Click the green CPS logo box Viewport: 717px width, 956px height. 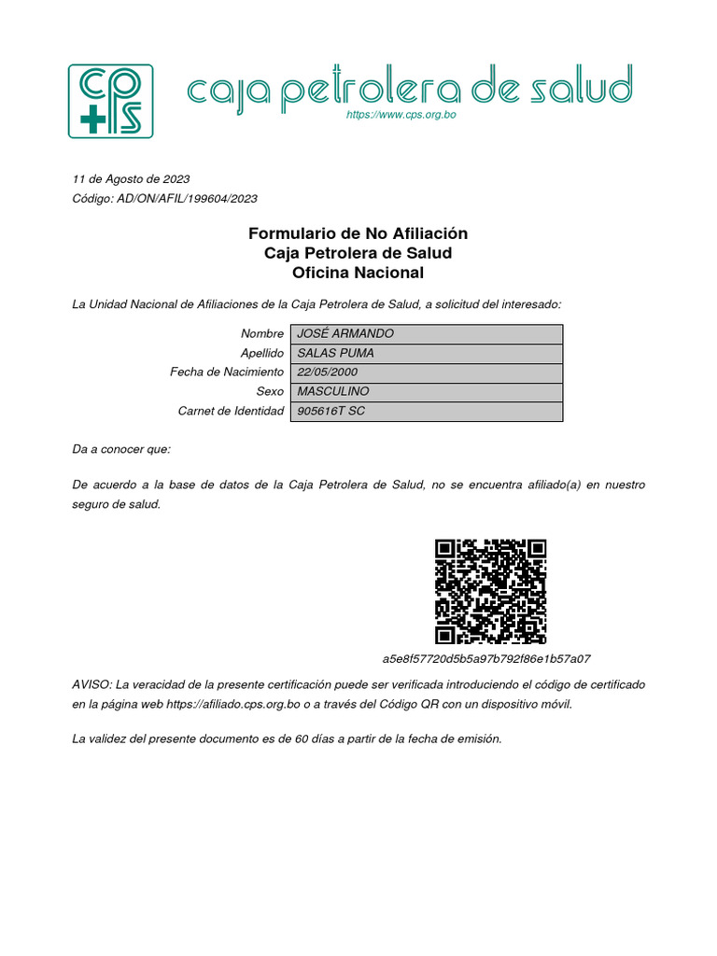point(110,101)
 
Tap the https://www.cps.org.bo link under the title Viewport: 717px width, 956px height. point(401,115)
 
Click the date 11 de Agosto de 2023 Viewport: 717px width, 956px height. point(131,178)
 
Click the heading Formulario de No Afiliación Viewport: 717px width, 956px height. point(358,233)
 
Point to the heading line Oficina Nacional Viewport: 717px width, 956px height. point(358,274)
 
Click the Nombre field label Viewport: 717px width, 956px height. point(262,334)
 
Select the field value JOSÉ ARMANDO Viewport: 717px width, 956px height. point(345,334)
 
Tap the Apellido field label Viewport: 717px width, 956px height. point(262,354)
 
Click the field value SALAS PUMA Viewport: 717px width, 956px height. point(336,354)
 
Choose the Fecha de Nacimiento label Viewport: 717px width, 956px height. point(227,373)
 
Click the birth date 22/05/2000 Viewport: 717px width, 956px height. point(328,373)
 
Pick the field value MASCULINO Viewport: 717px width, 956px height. point(333,392)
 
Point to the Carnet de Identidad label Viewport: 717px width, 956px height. point(231,412)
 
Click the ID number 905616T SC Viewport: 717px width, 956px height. point(331,412)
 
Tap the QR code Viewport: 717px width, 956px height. point(491,592)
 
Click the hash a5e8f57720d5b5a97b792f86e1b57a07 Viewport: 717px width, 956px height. point(486,659)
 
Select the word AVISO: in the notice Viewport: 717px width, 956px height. point(91,684)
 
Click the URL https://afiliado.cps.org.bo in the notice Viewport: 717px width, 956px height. point(233,704)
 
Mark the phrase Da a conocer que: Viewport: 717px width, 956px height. point(121,449)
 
